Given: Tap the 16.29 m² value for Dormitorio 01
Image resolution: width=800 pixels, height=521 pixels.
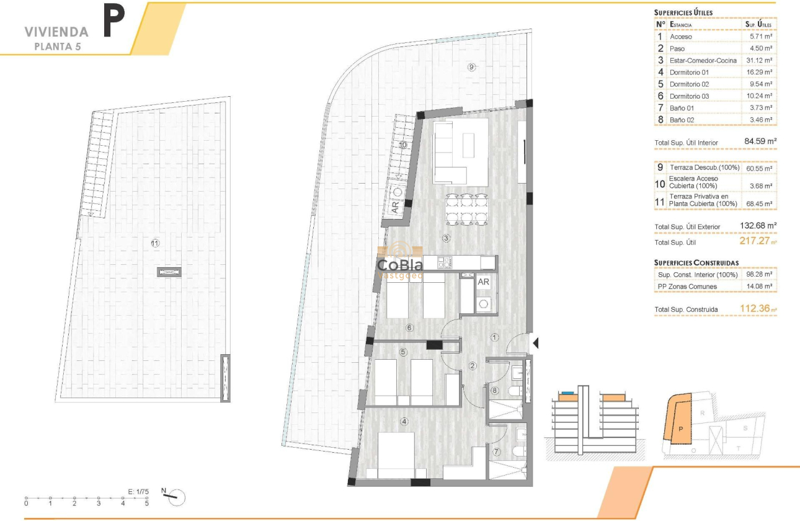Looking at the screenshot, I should pyautogui.click(x=758, y=72).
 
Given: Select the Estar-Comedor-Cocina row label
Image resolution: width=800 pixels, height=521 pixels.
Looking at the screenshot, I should pyautogui.click(x=703, y=60).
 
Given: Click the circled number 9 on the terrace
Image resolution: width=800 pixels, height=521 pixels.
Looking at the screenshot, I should pyautogui.click(x=471, y=67).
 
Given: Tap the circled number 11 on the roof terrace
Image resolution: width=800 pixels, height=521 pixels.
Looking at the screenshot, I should pyautogui.click(x=155, y=243).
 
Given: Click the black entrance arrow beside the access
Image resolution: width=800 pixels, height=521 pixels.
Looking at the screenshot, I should pyautogui.click(x=536, y=342).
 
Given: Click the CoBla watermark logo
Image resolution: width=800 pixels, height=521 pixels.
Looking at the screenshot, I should pyautogui.click(x=400, y=265).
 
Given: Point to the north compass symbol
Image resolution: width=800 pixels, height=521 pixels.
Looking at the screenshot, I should pyautogui.click(x=174, y=496).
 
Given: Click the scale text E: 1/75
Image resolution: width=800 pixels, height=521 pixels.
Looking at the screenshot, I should pyautogui.click(x=138, y=492).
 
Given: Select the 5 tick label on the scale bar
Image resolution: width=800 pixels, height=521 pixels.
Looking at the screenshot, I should pyautogui.click(x=147, y=504).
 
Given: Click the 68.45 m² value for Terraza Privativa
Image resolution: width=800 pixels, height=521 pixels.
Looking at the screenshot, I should pyautogui.click(x=758, y=203).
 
